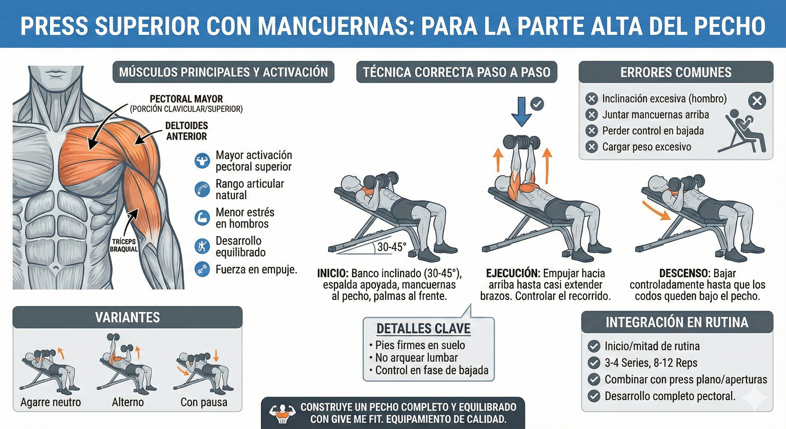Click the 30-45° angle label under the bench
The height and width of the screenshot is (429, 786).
click(x=392, y=247)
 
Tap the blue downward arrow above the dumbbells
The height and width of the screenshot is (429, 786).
click(x=521, y=111)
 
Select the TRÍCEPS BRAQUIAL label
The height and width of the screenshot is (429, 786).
click(x=124, y=246)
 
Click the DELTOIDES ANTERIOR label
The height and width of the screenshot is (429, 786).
click(x=186, y=131)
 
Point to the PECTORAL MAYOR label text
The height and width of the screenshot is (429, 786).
click(x=186, y=99)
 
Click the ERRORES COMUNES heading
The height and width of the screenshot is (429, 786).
click(x=676, y=72)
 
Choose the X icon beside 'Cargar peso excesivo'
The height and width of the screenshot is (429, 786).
click(x=592, y=147)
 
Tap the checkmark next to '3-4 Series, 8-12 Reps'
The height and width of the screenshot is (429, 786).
click(x=594, y=363)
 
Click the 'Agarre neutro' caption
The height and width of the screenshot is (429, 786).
click(x=51, y=402)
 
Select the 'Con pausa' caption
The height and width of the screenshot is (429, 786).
click(x=204, y=402)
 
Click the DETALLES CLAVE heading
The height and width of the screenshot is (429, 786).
click(x=423, y=328)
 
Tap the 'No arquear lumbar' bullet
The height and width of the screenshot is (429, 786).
click(x=416, y=357)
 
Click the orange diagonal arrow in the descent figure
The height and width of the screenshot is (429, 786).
click(x=656, y=210)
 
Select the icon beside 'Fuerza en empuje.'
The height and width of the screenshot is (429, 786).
click(x=202, y=269)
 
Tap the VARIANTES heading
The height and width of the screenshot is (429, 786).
click(x=128, y=318)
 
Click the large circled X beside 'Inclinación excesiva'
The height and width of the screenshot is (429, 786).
click(x=757, y=101)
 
